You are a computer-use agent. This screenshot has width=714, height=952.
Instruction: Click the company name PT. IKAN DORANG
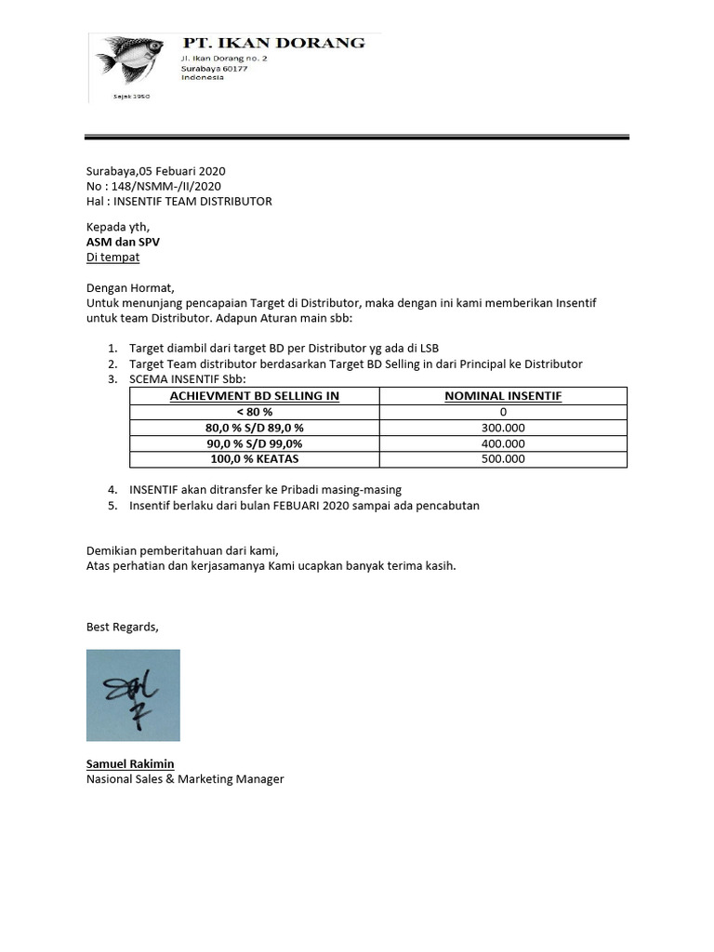(x=273, y=43)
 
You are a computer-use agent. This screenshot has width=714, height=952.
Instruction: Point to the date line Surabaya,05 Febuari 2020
(x=155, y=171)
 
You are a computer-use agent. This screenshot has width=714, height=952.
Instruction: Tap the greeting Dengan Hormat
(x=130, y=287)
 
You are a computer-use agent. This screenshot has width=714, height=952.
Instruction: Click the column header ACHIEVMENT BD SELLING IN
(x=254, y=396)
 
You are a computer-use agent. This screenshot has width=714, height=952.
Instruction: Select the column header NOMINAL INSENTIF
(x=503, y=396)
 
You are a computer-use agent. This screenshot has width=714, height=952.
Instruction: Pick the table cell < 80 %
(x=254, y=412)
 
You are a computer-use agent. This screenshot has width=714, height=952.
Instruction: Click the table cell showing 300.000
(x=503, y=428)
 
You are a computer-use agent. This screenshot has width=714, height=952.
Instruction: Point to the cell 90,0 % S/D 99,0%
(x=254, y=443)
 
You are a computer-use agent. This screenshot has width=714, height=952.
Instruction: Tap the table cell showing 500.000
(x=503, y=458)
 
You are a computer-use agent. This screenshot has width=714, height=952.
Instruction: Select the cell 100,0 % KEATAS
(x=254, y=458)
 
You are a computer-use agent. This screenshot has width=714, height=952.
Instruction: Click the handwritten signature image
(x=133, y=695)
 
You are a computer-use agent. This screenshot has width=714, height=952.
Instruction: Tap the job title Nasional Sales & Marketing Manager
(x=185, y=779)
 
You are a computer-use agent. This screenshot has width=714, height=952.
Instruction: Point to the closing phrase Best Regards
(x=122, y=627)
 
